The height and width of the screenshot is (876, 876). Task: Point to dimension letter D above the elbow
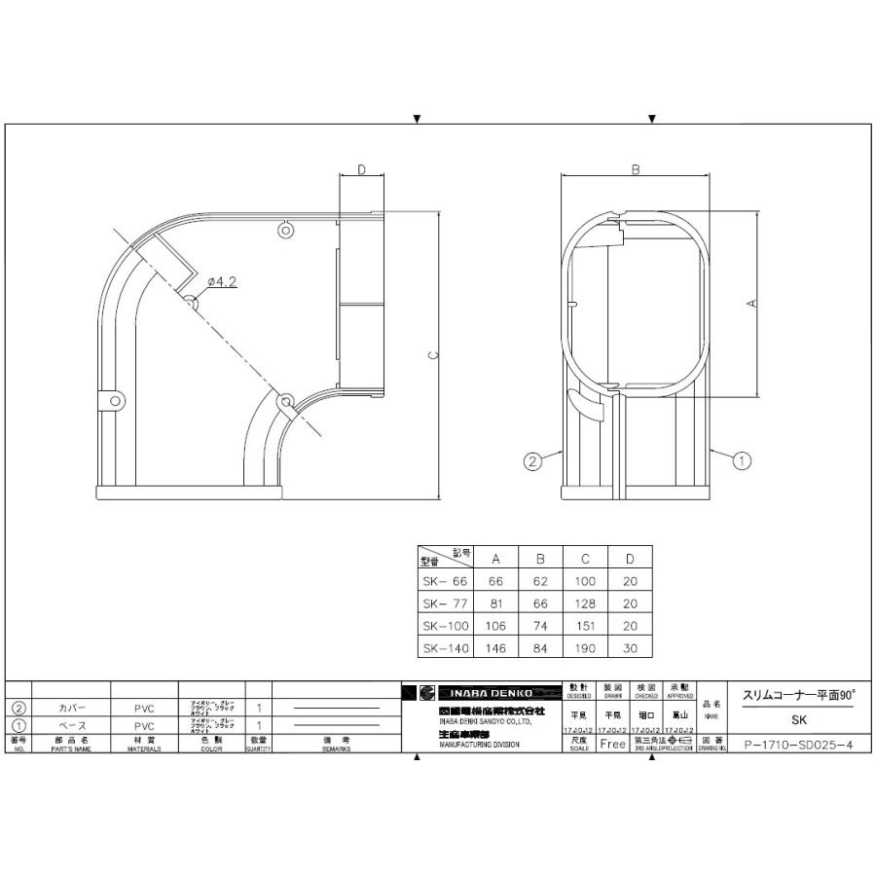tap(361, 170)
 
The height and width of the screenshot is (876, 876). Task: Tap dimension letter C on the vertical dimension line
tap(433, 354)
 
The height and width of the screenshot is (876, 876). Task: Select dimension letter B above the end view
tap(635, 169)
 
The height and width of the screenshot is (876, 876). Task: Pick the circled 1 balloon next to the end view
tap(741, 461)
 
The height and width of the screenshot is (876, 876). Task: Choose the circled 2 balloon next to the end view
tap(531, 461)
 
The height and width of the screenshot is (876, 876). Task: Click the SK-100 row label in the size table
tap(445, 625)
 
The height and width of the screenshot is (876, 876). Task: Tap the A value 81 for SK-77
tap(495, 602)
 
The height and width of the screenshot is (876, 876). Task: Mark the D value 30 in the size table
tap(630, 646)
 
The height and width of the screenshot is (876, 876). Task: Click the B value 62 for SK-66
tap(540, 581)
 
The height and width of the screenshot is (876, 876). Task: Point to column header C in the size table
tap(584, 559)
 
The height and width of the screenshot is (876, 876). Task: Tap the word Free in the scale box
tap(612, 745)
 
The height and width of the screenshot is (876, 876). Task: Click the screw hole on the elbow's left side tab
tap(115, 400)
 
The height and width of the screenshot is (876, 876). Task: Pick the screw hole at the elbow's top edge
tap(285, 231)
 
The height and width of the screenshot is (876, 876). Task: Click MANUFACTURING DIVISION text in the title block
tap(479, 745)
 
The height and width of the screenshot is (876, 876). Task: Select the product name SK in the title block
tap(798, 720)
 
